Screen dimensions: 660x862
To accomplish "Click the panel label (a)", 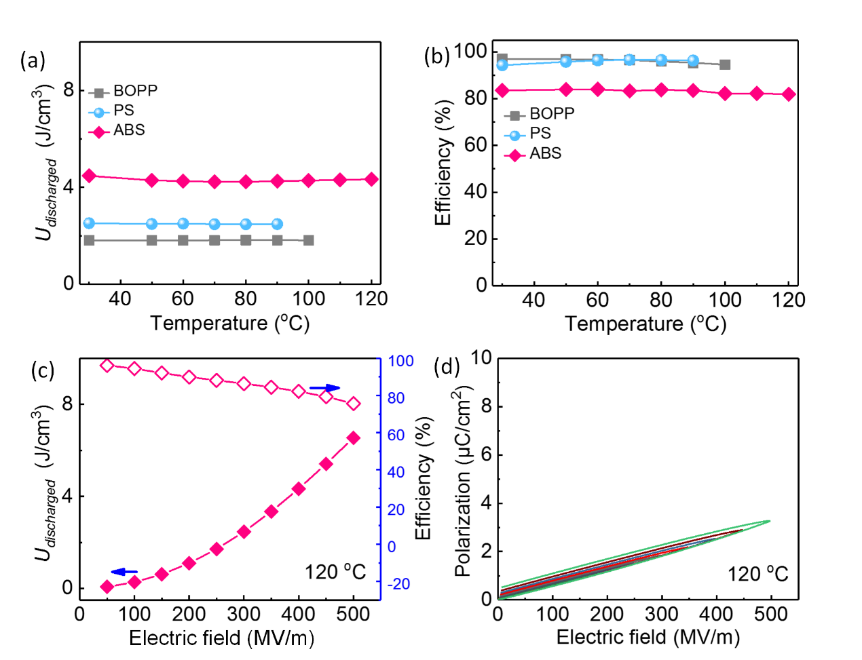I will tap(33, 60).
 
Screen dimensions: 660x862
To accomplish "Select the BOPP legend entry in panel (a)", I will tap(134, 91).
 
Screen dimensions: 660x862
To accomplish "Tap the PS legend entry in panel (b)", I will tap(540, 134).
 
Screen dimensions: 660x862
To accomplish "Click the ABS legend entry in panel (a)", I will tap(128, 130).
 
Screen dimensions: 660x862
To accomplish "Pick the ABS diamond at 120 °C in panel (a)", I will tap(371, 179).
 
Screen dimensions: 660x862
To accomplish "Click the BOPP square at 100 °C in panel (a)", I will tap(308, 240).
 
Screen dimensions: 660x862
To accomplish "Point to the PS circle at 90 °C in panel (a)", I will tap(277, 224).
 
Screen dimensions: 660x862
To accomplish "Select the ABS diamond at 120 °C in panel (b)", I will tap(788, 94).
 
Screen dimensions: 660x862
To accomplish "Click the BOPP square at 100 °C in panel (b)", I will tap(725, 64).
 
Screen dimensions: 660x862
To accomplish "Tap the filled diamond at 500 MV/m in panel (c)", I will tap(354, 438).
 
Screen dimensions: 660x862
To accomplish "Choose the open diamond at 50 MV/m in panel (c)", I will tap(107, 366).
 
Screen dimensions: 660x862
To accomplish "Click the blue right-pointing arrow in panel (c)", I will tap(324, 388).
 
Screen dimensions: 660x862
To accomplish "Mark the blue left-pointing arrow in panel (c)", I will tap(124, 572).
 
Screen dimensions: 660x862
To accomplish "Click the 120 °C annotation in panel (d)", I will tap(757, 575).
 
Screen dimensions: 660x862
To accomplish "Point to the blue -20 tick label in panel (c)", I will tap(398, 583).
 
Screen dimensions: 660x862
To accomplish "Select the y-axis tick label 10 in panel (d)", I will tap(481, 357).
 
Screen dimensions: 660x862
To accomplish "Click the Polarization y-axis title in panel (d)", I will tap(463, 482).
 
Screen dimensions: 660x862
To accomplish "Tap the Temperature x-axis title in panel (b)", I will tap(645, 324).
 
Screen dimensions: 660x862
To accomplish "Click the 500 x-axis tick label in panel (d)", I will tap(770, 615).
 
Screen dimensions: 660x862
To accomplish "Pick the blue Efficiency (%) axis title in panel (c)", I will tap(424, 478).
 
